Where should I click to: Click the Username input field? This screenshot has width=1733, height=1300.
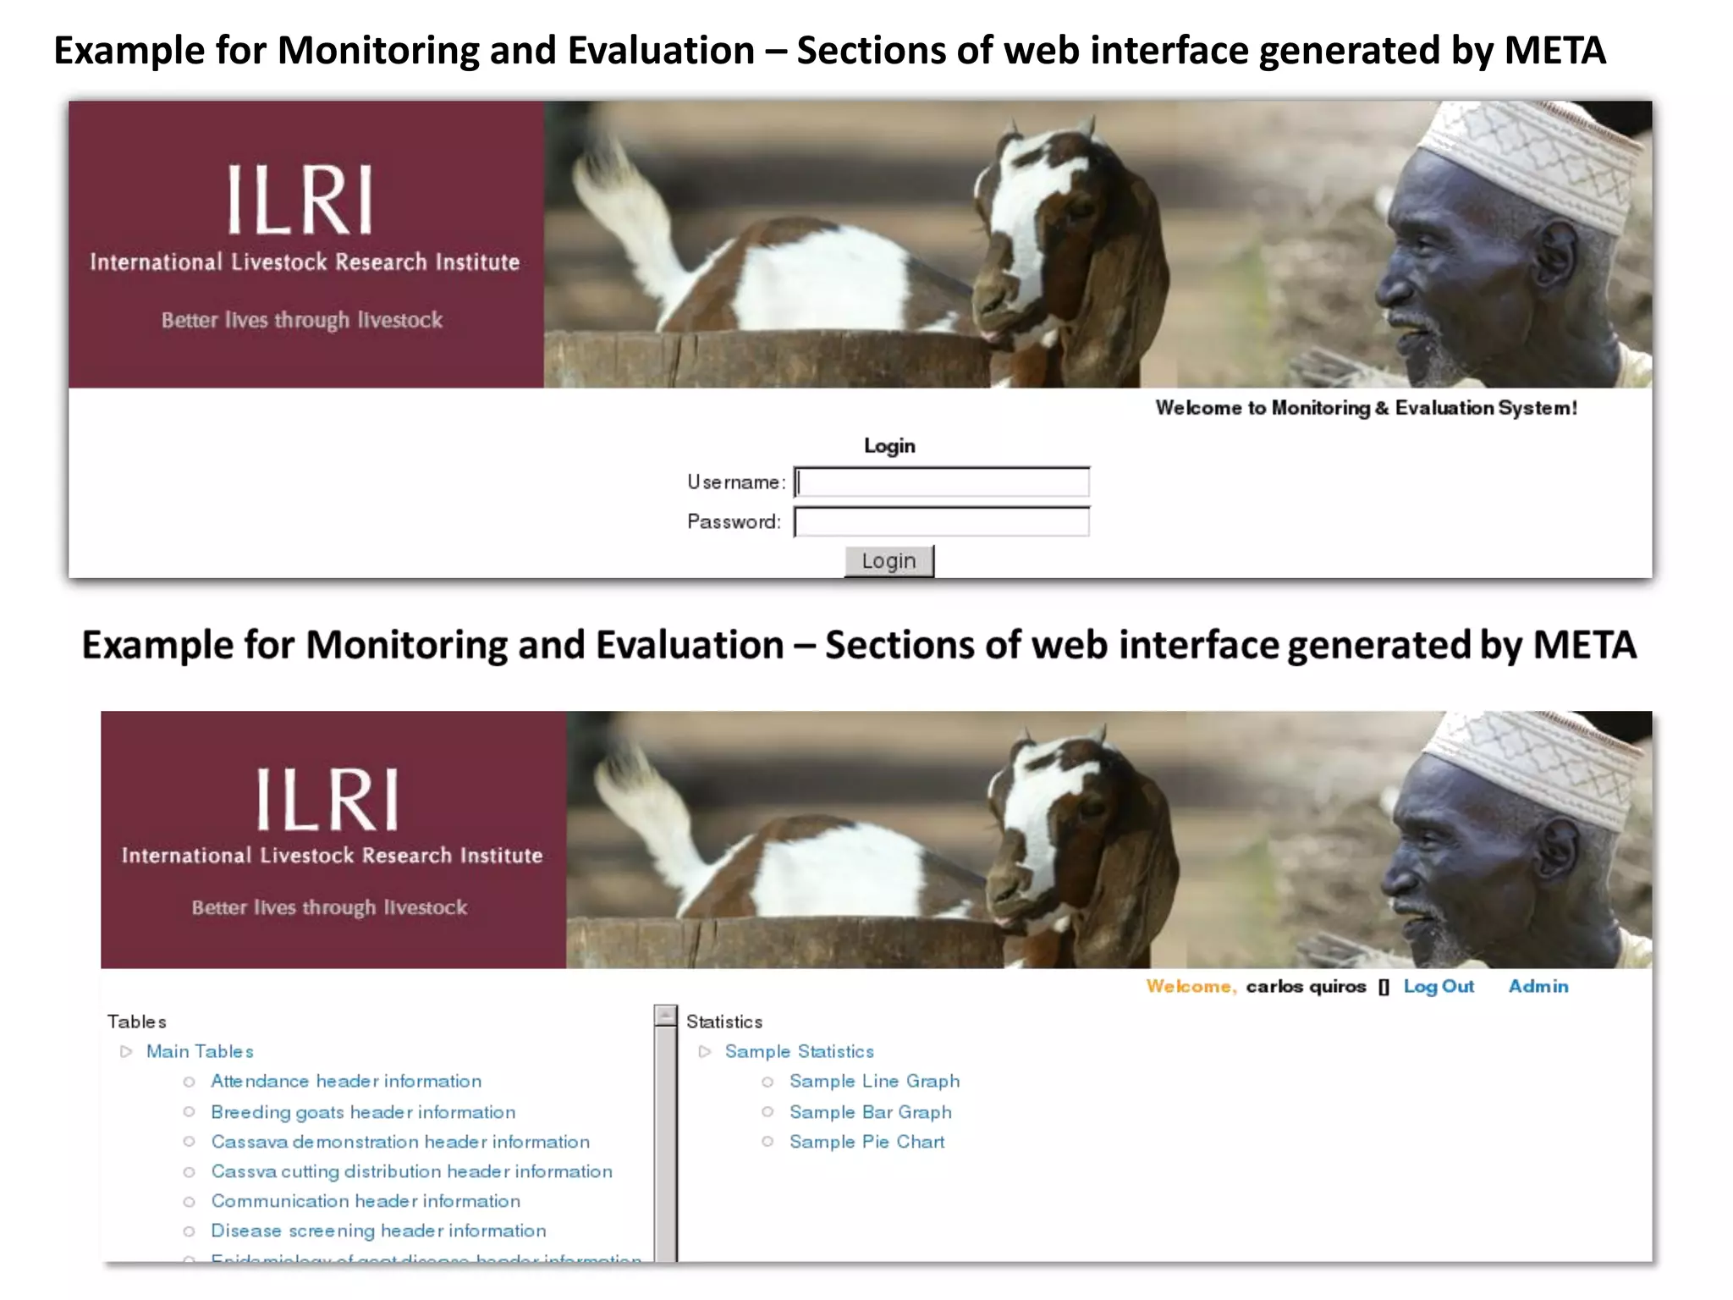click(x=942, y=482)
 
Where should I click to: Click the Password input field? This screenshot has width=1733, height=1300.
click(x=942, y=522)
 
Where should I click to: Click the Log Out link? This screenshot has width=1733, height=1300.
click(x=1439, y=987)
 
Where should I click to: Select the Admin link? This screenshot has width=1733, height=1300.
click(x=1538, y=987)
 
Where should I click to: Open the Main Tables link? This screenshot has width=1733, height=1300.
click(x=200, y=1052)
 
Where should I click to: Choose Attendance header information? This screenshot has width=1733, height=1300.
click(x=346, y=1082)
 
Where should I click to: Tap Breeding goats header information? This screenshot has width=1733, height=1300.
click(x=363, y=1112)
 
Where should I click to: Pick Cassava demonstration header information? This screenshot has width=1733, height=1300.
click(x=400, y=1142)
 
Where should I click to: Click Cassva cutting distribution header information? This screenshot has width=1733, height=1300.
click(x=411, y=1171)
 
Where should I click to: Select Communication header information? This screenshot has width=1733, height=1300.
click(x=366, y=1201)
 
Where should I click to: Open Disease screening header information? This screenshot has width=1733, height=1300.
click(x=378, y=1231)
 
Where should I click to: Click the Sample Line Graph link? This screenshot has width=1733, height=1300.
click(x=874, y=1082)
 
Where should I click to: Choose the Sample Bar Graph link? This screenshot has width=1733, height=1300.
click(x=870, y=1112)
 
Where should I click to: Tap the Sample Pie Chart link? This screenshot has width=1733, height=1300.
click(x=866, y=1142)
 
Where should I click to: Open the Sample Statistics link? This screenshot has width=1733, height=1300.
click(x=799, y=1052)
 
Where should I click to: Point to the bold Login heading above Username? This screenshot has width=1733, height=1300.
click(x=889, y=446)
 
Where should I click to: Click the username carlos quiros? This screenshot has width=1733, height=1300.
click(x=1306, y=987)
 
